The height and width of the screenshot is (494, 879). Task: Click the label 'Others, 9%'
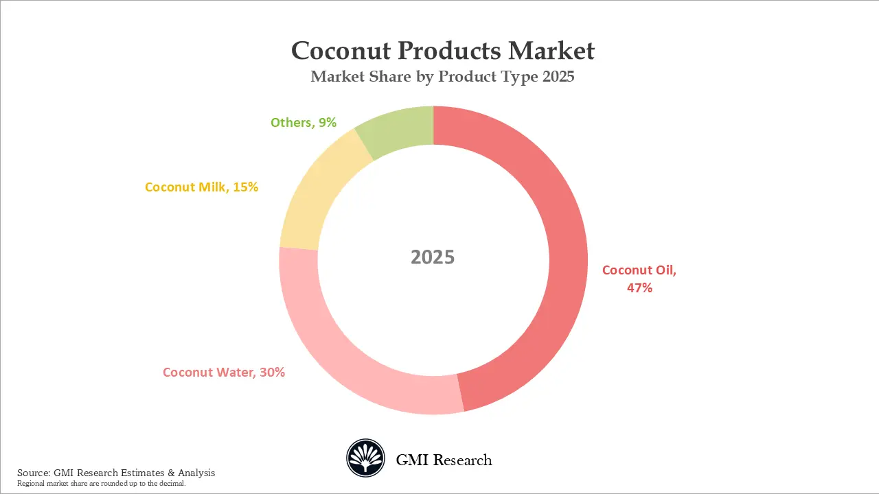pyautogui.click(x=303, y=123)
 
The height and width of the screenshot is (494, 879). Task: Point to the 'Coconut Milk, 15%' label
pyautogui.click(x=201, y=187)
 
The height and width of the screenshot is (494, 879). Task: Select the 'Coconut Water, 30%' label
pyautogui.click(x=223, y=373)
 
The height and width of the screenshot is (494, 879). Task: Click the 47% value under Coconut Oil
pyautogui.click(x=639, y=288)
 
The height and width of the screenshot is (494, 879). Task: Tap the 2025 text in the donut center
pyautogui.click(x=433, y=257)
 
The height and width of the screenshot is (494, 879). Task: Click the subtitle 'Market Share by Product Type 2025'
pyautogui.click(x=442, y=77)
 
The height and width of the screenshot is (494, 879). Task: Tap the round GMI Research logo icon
pyautogui.click(x=365, y=458)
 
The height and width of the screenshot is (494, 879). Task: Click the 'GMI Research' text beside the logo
pyautogui.click(x=444, y=460)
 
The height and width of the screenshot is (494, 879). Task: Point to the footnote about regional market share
pyautogui.click(x=102, y=484)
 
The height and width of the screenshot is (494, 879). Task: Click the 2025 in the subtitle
pyautogui.click(x=558, y=77)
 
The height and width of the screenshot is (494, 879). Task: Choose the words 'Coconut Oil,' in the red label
pyautogui.click(x=639, y=270)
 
